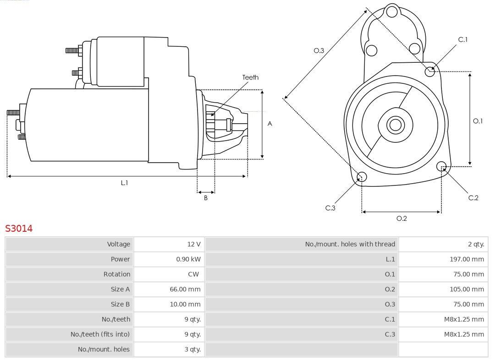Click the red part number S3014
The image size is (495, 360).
pos(19,228)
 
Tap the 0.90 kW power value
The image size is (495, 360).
pos(188,259)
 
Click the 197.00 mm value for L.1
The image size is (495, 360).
pos(467,259)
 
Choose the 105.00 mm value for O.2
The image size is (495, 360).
pos(467,289)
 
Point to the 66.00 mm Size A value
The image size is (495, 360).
pos(185,289)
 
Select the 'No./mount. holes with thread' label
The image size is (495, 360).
pos(350,244)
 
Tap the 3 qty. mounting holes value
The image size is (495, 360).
pos(192,349)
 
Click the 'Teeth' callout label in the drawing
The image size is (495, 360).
pos(250,77)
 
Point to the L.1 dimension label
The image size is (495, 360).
pos(124,183)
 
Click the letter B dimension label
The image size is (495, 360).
pos(206,198)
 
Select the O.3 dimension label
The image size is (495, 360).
pos(319,50)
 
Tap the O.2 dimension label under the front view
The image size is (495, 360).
pos(401,218)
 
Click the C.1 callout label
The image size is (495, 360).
pos(463,40)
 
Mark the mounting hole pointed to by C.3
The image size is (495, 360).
pos(362,177)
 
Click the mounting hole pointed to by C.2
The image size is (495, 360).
pos(442,166)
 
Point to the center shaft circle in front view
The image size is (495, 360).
pos(395,125)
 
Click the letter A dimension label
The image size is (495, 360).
pos(270,124)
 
